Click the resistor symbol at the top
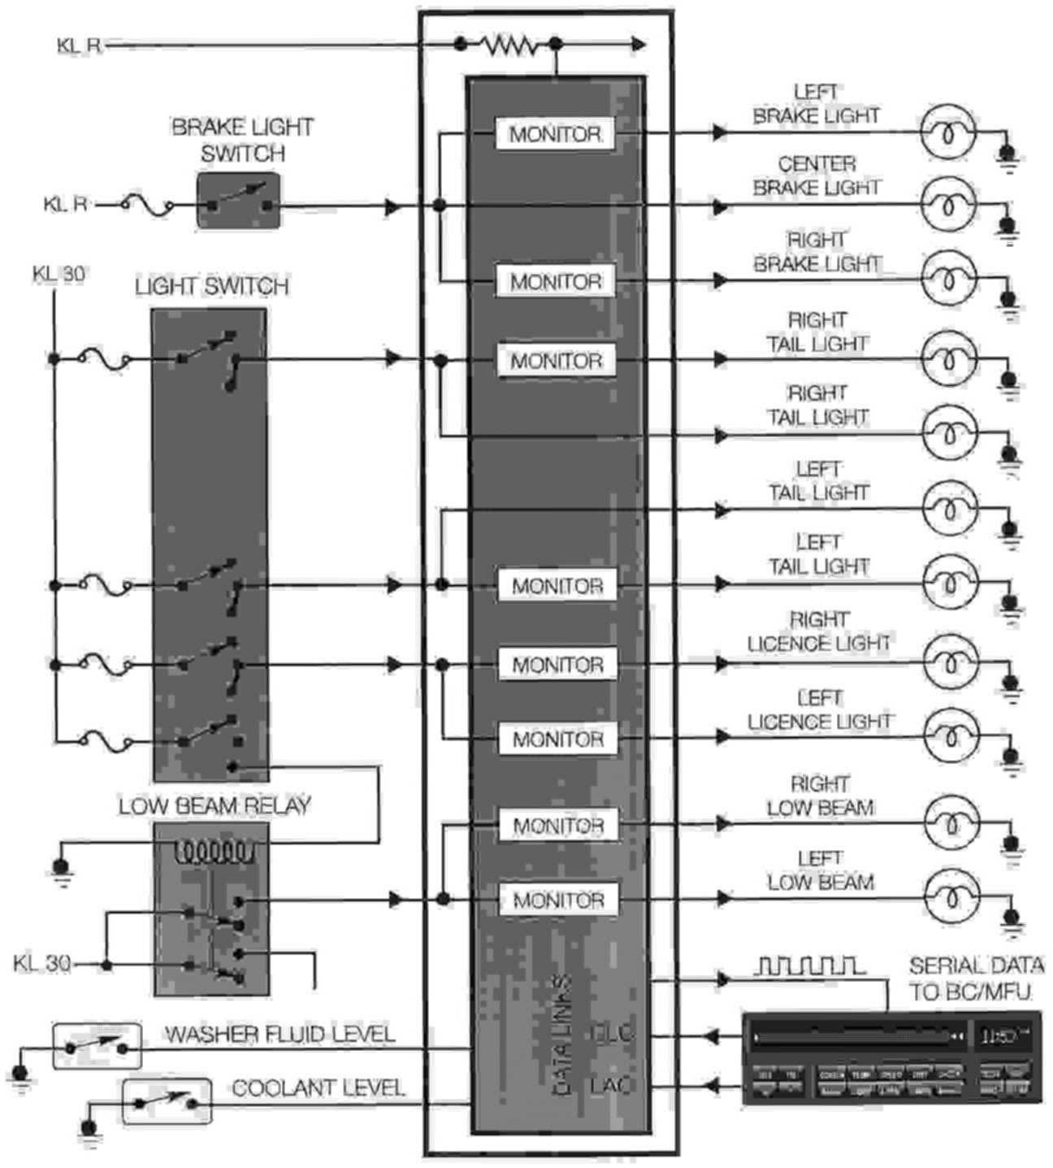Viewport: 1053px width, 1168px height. [x=509, y=46]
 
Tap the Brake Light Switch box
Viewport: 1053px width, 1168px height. [x=239, y=200]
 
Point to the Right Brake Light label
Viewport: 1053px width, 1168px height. [x=817, y=252]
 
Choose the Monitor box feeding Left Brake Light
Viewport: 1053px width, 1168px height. [x=556, y=134]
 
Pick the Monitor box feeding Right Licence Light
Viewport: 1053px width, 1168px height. [x=557, y=664]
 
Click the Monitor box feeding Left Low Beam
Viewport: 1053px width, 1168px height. [x=558, y=900]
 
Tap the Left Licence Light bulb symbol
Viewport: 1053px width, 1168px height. [x=948, y=736]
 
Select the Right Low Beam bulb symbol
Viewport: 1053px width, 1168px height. [x=948, y=823]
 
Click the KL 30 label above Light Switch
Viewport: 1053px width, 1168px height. [x=58, y=274]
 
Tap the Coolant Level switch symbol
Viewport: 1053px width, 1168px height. [x=166, y=1101]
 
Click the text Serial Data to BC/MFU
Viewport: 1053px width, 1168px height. [x=975, y=979]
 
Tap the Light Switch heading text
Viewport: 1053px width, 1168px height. [x=211, y=286]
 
